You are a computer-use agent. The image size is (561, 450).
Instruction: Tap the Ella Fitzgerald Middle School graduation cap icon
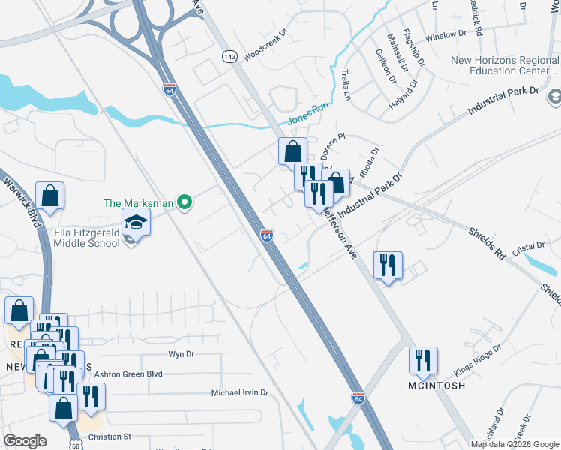[136, 222]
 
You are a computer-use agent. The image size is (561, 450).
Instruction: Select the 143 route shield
[230, 56]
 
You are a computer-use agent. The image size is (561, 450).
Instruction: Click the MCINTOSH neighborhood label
[436, 385]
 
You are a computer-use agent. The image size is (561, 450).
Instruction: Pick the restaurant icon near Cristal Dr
[388, 265]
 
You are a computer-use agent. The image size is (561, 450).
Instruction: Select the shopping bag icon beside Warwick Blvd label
[50, 196]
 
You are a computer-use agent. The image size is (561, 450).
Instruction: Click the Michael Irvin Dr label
[239, 392]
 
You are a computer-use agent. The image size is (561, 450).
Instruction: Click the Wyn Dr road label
[181, 353]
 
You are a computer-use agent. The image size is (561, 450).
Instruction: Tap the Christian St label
[109, 436]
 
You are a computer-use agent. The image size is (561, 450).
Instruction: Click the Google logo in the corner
[25, 441]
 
